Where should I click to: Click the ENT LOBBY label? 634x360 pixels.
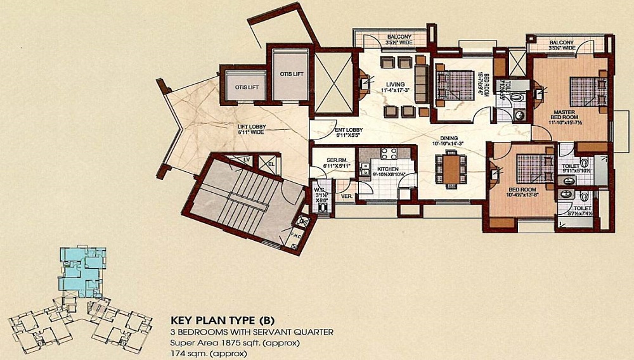pyautogui.click(x=349, y=130)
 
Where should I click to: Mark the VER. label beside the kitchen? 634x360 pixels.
pyautogui.click(x=346, y=196)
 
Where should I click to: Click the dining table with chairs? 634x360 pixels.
pyautogui.click(x=451, y=170)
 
